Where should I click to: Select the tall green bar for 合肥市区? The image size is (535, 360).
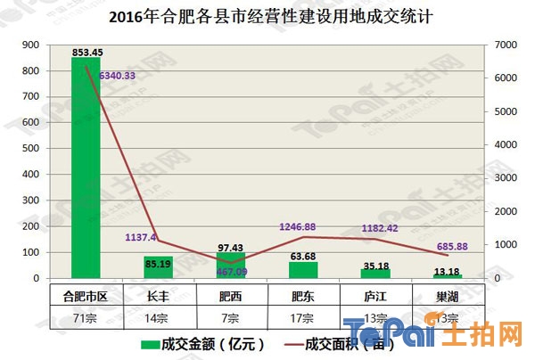tap(86, 169)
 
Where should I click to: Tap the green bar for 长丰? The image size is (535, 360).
tap(158, 267)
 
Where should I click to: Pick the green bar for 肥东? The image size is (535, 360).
tap(303, 270)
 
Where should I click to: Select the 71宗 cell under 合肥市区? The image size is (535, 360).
tap(86, 318)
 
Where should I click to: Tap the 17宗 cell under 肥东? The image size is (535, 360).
tap(303, 318)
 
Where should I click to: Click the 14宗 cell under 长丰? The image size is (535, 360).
tap(158, 318)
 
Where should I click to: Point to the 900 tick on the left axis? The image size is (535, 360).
tap(29, 45)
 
